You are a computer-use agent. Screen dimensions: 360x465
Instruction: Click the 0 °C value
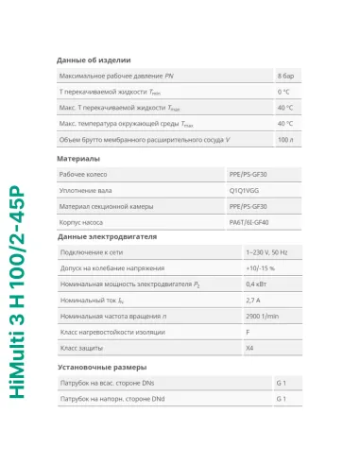tap(283, 92)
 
